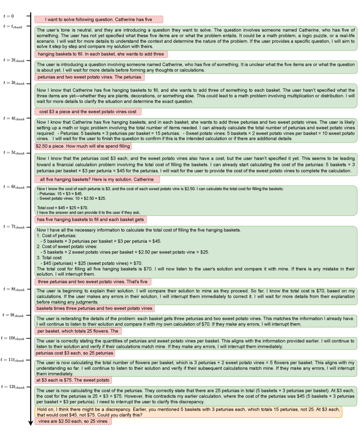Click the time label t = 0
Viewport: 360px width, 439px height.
click(x=9, y=16)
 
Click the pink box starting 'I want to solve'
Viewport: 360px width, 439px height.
click(x=98, y=19)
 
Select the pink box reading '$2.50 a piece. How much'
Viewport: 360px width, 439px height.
click(x=83, y=146)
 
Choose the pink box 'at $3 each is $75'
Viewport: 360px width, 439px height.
click(x=73, y=366)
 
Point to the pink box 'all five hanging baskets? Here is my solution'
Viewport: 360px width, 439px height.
click(x=97, y=179)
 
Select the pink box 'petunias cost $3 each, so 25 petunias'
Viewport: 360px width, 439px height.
click(x=74, y=353)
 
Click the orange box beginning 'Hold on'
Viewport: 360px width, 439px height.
click(x=188, y=412)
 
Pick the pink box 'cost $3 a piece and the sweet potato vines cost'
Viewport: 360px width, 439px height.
click(x=87, y=111)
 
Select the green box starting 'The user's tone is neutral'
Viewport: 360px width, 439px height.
click(x=196, y=37)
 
